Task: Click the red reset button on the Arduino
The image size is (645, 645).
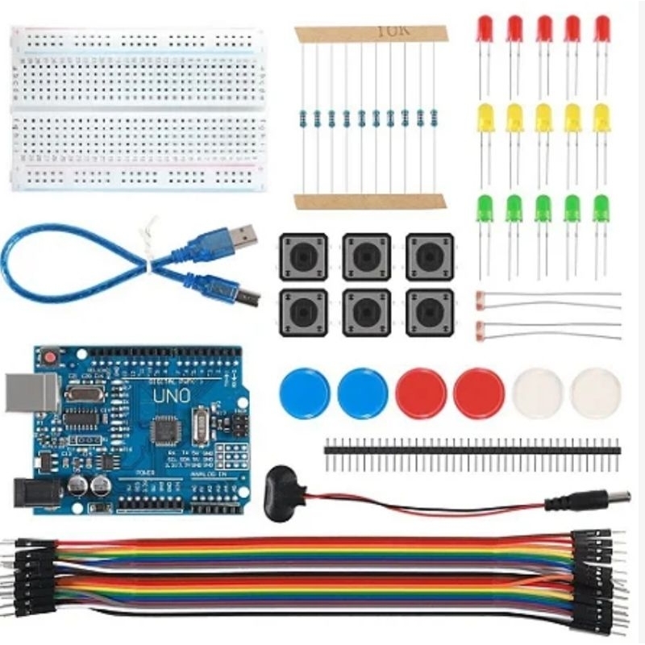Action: pos(51,356)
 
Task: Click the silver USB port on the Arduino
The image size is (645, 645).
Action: pos(31,393)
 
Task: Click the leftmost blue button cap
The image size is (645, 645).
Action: pos(304,393)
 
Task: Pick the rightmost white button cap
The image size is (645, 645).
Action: pos(595,393)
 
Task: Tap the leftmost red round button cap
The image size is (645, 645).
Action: pos(420,393)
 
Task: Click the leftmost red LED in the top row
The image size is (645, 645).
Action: pos(485,29)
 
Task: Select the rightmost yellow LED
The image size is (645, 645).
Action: pos(601,119)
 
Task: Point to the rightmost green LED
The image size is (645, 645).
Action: pos(601,209)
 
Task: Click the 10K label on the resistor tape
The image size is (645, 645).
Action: pos(393,31)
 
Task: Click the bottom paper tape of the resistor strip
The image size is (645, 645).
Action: pos(369,201)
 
